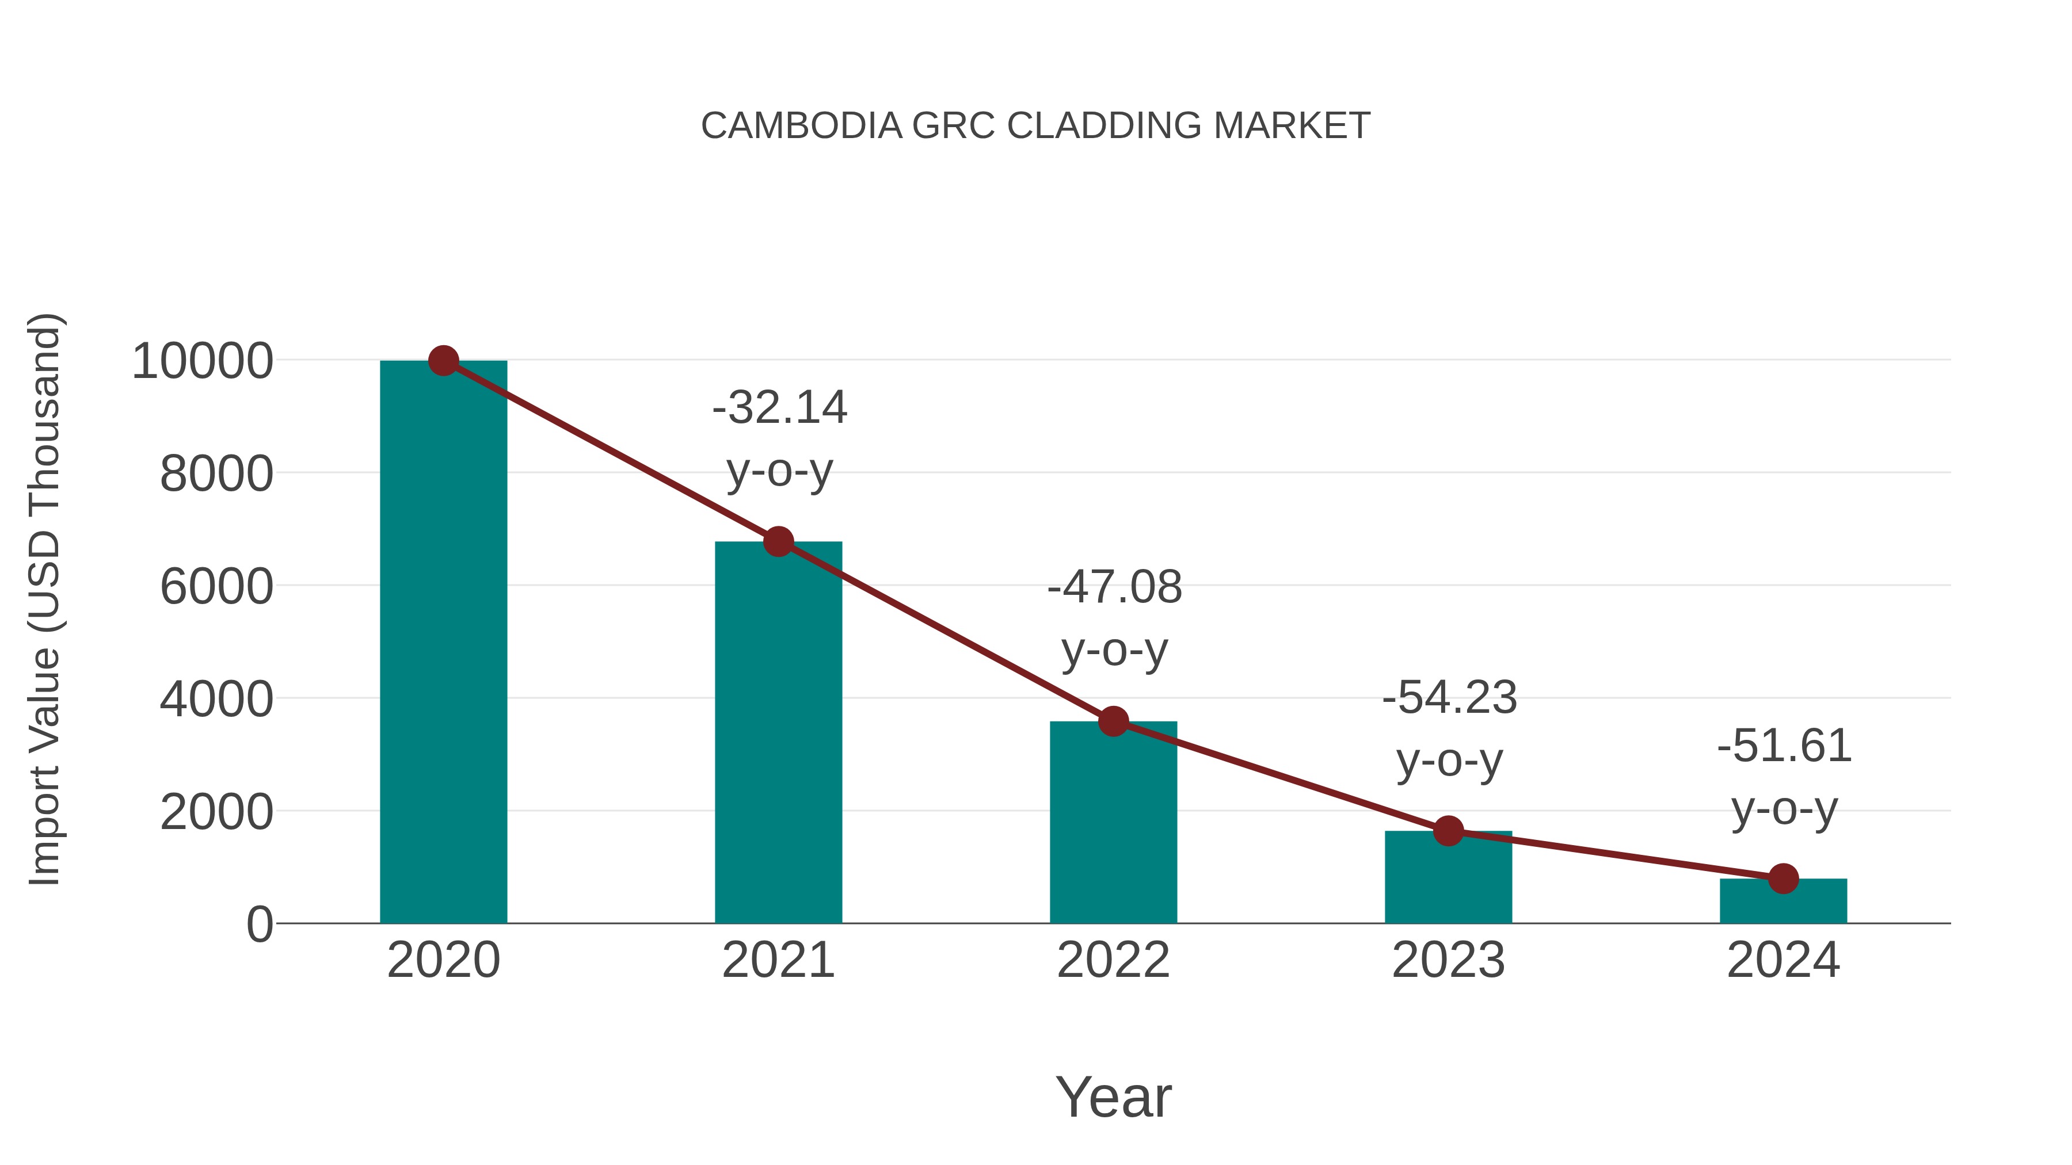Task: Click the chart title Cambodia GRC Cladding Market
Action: (1035, 126)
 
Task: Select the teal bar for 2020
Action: (443, 643)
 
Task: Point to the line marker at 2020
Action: (443, 361)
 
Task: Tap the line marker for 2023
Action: (1448, 831)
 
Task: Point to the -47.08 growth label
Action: (1115, 588)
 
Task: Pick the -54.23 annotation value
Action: (1449, 698)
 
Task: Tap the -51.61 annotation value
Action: (1784, 746)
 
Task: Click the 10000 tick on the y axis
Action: (202, 362)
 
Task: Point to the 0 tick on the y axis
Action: (260, 925)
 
